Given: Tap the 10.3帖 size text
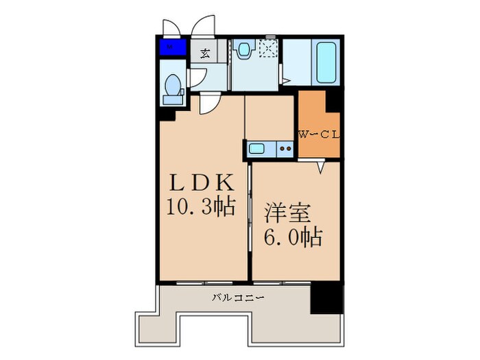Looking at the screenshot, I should [203, 206].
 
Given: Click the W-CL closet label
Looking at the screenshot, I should [318, 134].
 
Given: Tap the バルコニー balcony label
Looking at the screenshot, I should [237, 298].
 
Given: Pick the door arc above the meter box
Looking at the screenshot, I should [171, 27].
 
